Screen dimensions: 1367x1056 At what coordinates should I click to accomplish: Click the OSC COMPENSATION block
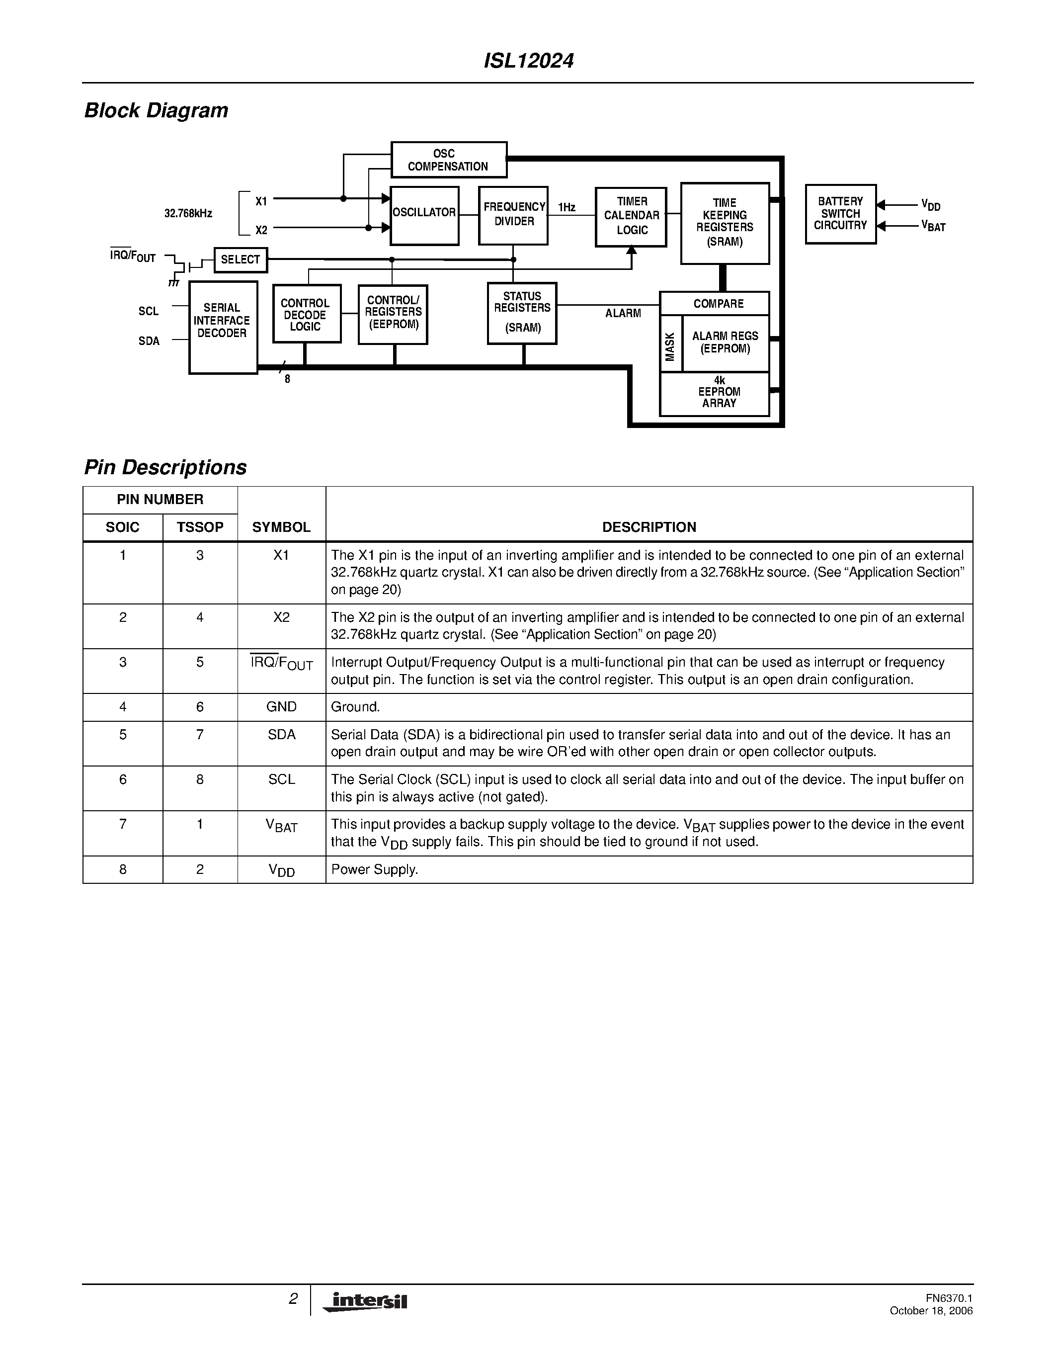(x=449, y=160)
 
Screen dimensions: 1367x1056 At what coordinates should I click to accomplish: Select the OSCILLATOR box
(x=424, y=215)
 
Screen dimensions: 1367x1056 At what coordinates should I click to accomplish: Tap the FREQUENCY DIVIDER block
(x=514, y=215)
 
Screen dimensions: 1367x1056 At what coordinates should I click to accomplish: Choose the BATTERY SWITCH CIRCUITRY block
(x=840, y=214)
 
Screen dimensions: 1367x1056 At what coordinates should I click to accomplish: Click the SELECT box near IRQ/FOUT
(x=240, y=260)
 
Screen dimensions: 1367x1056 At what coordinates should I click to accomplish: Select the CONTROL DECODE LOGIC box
(x=306, y=314)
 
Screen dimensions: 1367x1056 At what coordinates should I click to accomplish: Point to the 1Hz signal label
(x=567, y=207)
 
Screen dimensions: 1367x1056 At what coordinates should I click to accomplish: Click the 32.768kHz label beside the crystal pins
(x=188, y=213)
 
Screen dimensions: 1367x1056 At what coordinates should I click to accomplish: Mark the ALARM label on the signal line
(x=623, y=314)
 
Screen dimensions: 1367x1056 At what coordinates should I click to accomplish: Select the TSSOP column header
(x=200, y=527)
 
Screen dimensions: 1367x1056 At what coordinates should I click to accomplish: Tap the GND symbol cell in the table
(x=281, y=707)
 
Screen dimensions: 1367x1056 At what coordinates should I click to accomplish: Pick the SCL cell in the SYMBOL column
(x=281, y=779)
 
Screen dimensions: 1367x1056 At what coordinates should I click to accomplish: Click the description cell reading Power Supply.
(x=374, y=869)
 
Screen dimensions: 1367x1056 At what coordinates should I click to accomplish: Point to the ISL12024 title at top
(x=529, y=61)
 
